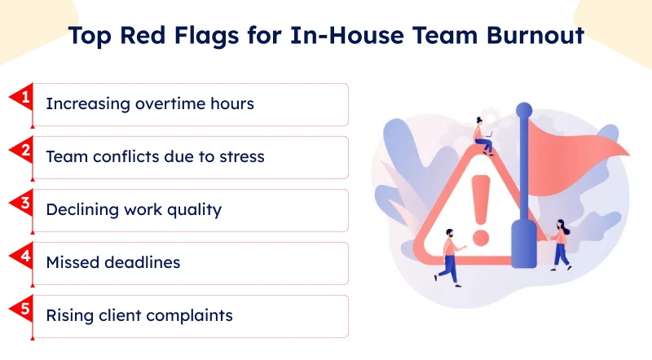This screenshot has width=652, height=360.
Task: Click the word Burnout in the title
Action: click(x=535, y=35)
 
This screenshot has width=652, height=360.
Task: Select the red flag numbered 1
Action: click(x=23, y=98)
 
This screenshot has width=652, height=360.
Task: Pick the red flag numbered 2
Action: click(x=23, y=151)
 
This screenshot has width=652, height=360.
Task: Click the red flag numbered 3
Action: click(x=23, y=204)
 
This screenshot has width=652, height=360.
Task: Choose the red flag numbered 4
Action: click(x=23, y=257)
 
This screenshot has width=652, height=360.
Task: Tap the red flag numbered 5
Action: click(x=23, y=310)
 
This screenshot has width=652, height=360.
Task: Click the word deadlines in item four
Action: click(x=143, y=262)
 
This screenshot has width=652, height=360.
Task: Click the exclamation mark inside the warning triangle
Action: click(x=481, y=210)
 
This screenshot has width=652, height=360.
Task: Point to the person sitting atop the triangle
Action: click(x=483, y=136)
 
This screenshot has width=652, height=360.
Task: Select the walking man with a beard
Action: click(x=451, y=257)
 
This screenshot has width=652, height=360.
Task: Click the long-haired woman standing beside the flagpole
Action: click(x=560, y=245)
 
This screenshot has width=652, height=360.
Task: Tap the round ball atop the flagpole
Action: click(x=524, y=111)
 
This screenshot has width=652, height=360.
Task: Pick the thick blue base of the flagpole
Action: click(x=523, y=244)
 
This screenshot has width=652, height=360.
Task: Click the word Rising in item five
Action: click(x=70, y=316)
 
